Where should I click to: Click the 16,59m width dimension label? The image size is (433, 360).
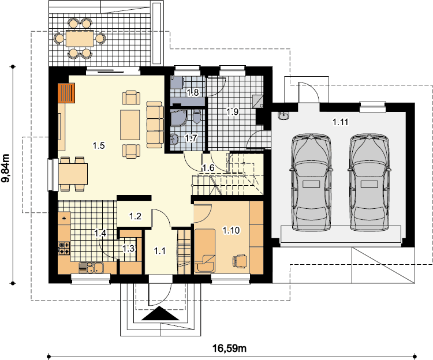coord(229,348)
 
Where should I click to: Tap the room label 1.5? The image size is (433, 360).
coord(99,145)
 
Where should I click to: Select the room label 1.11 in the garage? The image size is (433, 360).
coord(340,122)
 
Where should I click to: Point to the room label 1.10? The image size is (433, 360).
coord(232,230)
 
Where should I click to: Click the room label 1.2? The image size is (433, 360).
coord(135,216)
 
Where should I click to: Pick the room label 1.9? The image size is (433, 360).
coord(233,112)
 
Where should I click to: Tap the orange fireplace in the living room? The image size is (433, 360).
coord(66,93)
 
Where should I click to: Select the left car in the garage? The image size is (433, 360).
coord(311,182)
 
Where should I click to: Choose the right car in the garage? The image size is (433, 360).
coord(369,182)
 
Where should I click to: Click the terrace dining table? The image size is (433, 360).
coord(80,39)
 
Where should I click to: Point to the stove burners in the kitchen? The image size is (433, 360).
coord(64,247)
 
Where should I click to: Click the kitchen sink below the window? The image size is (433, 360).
coord(91,268)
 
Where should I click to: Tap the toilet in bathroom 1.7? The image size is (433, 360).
coord(197,117)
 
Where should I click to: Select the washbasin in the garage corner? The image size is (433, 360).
coord(283,115)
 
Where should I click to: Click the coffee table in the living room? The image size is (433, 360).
coord(130,125)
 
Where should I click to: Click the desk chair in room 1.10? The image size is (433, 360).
coord(240,261)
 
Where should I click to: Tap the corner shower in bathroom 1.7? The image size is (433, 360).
coord(178,118)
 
